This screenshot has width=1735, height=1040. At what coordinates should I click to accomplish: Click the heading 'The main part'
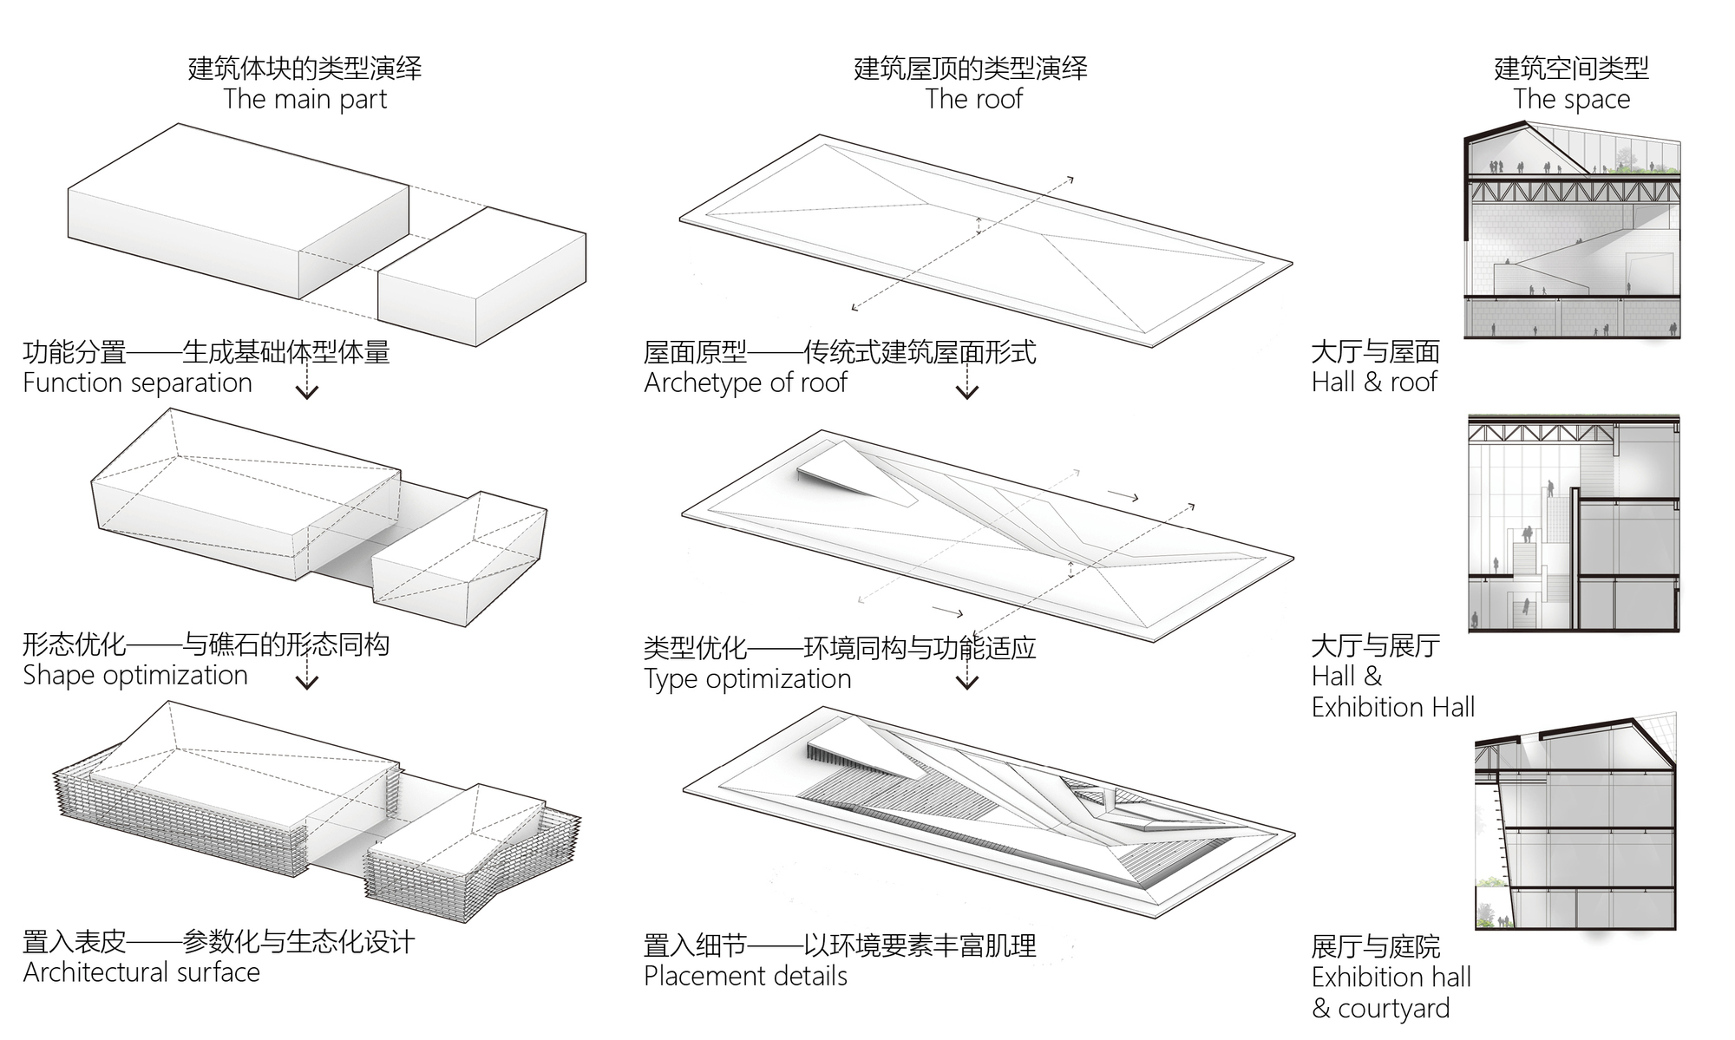pos(304,100)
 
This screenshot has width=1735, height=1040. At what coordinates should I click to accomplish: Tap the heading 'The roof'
pos(973,100)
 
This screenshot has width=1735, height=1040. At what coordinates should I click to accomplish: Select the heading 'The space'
pos(1571,100)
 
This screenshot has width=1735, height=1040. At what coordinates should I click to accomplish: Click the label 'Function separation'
pos(137,383)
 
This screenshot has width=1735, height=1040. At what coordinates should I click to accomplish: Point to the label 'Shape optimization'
pos(135,676)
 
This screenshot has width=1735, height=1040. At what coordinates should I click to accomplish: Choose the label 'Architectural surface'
pos(141,973)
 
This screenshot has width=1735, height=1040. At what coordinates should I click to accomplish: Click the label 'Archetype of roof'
pos(745,383)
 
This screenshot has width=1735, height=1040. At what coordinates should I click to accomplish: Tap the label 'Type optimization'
pos(747,679)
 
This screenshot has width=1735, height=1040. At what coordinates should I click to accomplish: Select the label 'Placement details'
pos(745,977)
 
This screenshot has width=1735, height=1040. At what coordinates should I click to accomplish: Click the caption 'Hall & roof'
pos(1374,383)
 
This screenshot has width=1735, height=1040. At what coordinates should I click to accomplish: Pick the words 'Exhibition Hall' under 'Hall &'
pos(1392,708)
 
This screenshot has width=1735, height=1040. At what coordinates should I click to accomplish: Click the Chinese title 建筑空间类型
pos(1571,69)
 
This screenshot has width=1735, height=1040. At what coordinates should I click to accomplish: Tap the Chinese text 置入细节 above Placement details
pos(694,945)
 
